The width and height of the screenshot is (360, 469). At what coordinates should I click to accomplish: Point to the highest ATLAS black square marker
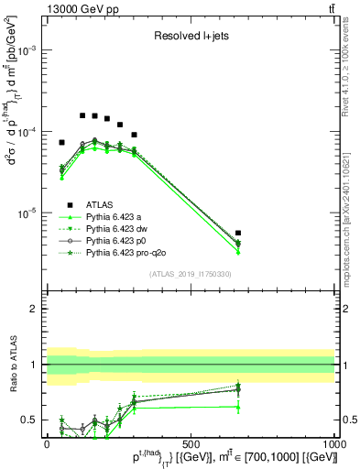tap(82, 115)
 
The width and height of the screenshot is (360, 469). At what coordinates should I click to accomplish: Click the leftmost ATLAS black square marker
tap(61, 143)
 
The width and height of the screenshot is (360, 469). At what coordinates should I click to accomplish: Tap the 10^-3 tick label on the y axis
tap(28, 52)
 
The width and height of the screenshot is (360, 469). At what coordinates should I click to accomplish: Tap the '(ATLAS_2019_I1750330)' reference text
tap(191, 274)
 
